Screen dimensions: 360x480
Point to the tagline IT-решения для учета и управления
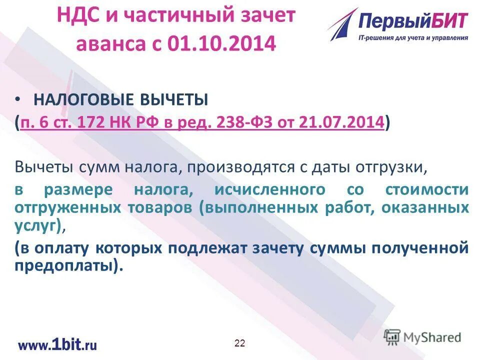[x=413, y=38]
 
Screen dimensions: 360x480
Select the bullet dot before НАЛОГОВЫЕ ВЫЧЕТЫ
[x=18, y=99]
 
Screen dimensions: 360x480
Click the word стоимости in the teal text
[x=428, y=190]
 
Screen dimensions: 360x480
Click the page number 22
[x=240, y=342]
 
